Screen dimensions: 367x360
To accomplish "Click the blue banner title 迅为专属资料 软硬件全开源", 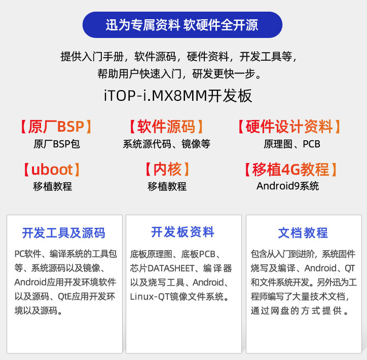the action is point(182,25).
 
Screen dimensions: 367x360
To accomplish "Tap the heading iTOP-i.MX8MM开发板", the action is point(178,96).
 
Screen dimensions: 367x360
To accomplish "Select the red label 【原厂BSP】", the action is point(56,127).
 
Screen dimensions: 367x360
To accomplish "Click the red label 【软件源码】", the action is point(166,127).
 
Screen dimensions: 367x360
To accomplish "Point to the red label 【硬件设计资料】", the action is point(289,127).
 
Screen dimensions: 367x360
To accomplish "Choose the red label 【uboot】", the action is point(52,170).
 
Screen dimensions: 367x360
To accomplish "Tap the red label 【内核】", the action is point(167,170).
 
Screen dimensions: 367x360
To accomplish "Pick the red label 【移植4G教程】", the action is point(290,170).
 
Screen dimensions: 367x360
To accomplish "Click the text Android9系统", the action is point(287,186).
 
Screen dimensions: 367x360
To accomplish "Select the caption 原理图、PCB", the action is point(292,144).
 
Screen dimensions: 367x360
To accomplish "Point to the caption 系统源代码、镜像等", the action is point(167,144).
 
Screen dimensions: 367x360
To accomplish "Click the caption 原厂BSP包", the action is point(57,144).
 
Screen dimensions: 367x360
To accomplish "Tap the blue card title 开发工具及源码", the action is point(64,233).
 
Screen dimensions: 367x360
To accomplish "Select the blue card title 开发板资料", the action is point(182,232).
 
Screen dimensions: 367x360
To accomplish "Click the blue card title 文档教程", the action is point(303,233).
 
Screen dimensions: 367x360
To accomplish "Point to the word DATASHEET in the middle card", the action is point(171,268).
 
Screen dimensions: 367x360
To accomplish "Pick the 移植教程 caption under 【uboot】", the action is point(52,186).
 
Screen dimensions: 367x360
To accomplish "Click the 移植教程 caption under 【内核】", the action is point(167,186).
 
